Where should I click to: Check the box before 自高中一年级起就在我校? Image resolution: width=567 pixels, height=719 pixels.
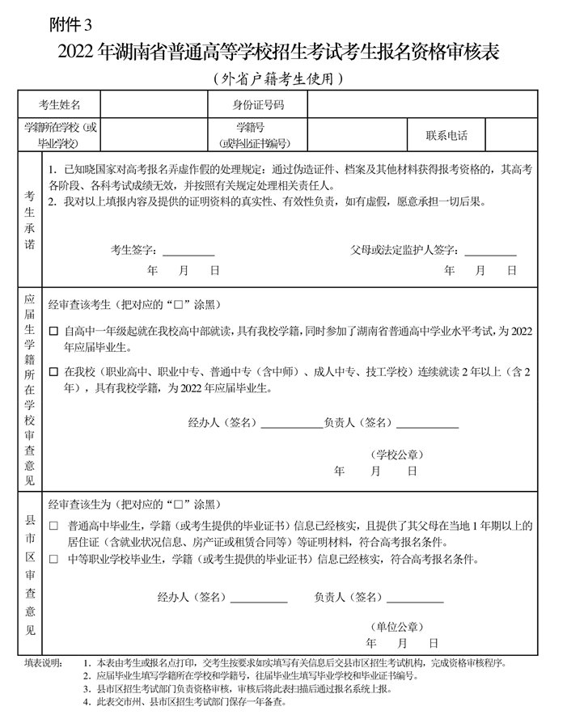point(54,332)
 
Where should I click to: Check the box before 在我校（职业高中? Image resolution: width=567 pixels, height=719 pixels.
point(54,373)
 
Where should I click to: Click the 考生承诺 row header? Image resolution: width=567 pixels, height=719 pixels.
point(30,218)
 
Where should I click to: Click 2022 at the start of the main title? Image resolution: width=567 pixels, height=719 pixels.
point(77,53)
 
